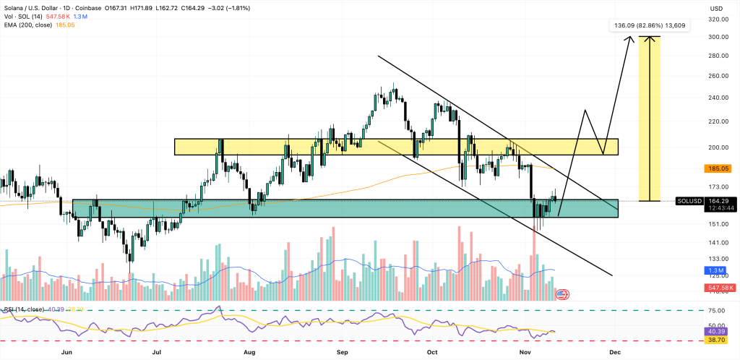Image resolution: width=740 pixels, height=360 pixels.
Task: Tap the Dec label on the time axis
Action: click(614, 352)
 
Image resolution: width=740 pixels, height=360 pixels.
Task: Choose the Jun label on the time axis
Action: click(67, 352)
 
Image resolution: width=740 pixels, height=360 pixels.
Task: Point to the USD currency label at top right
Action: click(716, 8)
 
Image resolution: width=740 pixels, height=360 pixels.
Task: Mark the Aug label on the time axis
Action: click(250, 352)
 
